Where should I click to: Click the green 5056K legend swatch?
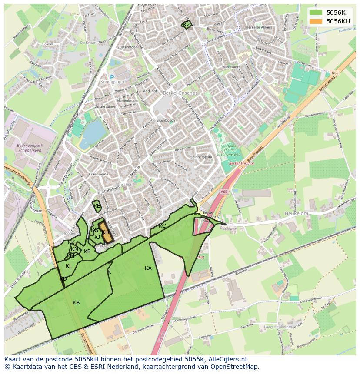point(316,13)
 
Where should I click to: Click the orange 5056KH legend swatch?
point(316,21)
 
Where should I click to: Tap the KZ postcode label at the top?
point(187,25)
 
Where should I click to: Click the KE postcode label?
point(97,206)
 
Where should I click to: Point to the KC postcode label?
point(162,226)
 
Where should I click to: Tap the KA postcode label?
point(148,268)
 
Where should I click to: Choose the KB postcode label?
point(76,303)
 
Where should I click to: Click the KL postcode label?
point(69,266)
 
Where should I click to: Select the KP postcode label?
point(87,252)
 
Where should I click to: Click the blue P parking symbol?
point(112,77)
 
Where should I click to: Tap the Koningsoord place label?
point(112,82)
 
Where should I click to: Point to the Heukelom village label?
point(296,214)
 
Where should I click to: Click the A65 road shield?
point(224,192)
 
